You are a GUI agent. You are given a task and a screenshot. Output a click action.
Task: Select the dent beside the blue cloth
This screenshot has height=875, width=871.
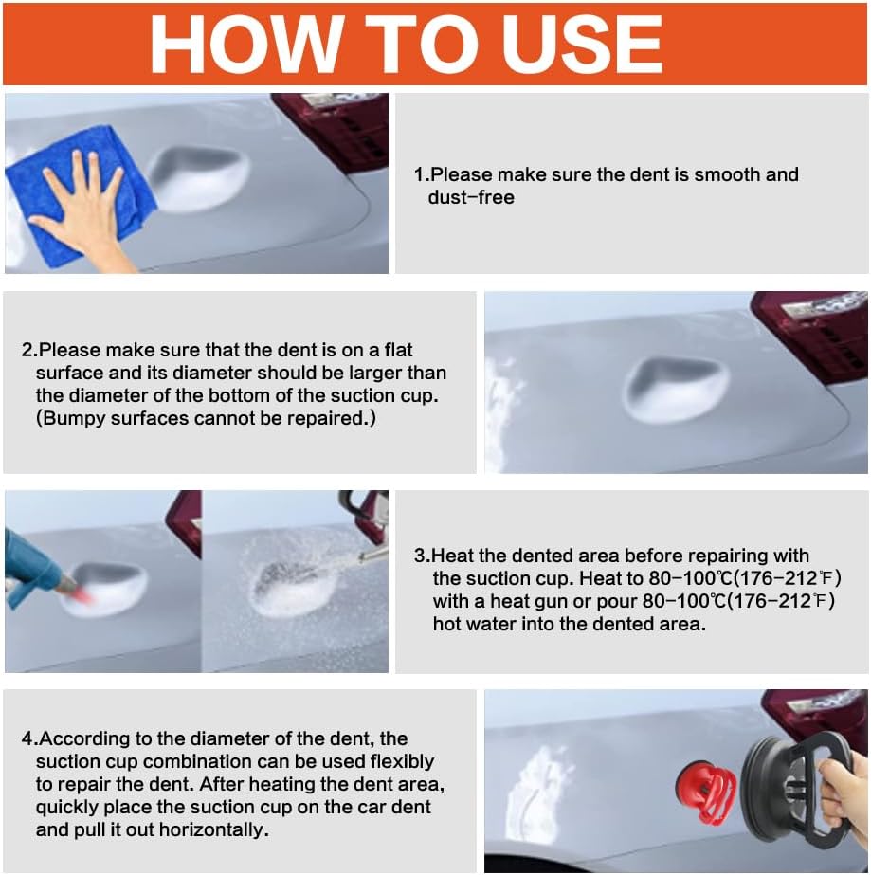pos(198,178)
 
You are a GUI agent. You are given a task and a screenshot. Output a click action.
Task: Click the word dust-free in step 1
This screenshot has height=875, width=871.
pos(471,197)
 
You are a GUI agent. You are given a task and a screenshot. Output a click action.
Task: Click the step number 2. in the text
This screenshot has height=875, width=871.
pos(29,350)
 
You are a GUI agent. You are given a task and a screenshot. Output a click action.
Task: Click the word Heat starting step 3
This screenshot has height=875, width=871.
pos(453,556)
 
